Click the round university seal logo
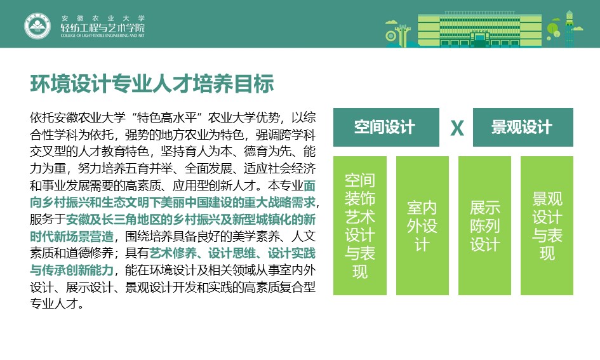[x=37, y=26]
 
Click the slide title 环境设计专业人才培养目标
[x=152, y=84]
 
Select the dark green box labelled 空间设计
[x=386, y=128]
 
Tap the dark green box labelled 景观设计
[x=523, y=128]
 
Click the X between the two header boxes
[x=457, y=128]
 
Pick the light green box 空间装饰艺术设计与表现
[x=360, y=226]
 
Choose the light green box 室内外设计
[x=422, y=226]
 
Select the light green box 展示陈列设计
[x=484, y=226]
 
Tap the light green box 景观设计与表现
[x=547, y=226]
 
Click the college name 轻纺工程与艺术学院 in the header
[x=103, y=27]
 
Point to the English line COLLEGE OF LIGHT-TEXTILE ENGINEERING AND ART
[x=103, y=36]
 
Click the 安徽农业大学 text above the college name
[x=103, y=18]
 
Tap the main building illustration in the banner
[x=479, y=30]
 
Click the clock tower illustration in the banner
[x=570, y=29]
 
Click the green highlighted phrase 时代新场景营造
[x=72, y=236]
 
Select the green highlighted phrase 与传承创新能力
[x=72, y=270]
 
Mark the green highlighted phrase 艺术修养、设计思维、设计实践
[x=232, y=253]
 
